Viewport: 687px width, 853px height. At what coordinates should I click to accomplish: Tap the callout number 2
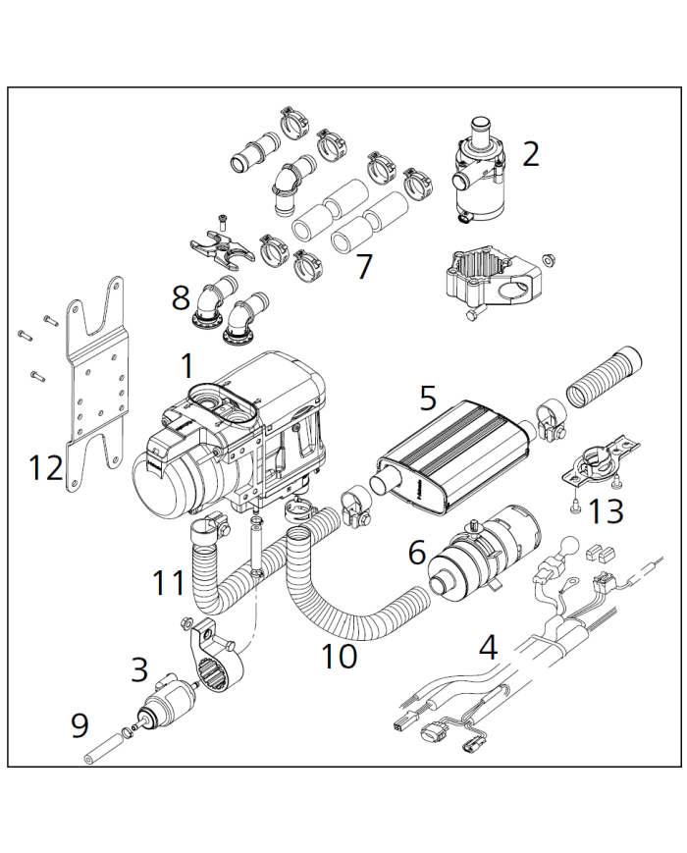(x=531, y=154)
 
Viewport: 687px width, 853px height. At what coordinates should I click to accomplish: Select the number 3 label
(x=140, y=670)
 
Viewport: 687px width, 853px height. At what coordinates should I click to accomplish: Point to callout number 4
(x=488, y=648)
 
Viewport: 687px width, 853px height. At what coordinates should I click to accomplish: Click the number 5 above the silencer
(x=428, y=398)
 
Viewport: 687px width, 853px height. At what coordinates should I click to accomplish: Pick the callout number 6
(x=417, y=554)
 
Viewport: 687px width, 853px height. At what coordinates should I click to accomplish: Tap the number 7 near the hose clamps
(x=364, y=266)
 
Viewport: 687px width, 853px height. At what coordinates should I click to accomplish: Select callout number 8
(x=181, y=297)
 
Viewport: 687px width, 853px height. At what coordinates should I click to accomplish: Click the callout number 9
(x=79, y=725)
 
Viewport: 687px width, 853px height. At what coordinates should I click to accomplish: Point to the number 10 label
(x=339, y=657)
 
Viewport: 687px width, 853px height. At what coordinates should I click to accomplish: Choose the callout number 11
(x=168, y=583)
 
